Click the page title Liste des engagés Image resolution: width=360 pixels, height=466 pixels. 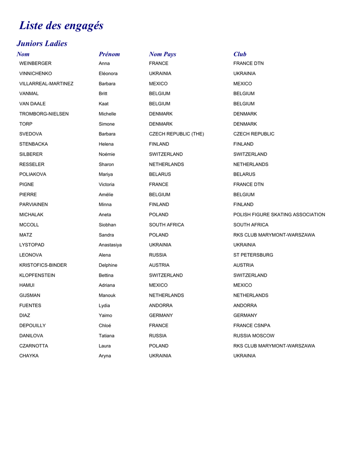(x=61, y=25)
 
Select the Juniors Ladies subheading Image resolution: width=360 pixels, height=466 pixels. (x=42, y=44)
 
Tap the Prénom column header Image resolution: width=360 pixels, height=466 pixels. (x=109, y=54)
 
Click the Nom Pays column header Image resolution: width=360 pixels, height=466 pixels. (x=162, y=54)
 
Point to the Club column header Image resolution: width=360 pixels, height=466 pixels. (x=240, y=54)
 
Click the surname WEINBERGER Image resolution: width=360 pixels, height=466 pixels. (x=35, y=63)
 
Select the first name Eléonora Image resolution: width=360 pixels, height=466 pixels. (x=108, y=73)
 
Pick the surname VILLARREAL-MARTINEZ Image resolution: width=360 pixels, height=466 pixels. (x=46, y=84)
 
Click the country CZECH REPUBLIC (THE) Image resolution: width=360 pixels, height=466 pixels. (x=177, y=134)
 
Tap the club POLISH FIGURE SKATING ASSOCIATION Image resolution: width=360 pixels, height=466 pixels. (x=279, y=214)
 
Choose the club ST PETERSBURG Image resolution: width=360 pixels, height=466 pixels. (x=253, y=255)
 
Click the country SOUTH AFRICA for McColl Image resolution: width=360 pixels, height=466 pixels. (x=167, y=225)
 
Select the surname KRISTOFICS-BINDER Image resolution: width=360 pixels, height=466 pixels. (x=43, y=265)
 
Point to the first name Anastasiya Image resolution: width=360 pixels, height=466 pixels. (x=110, y=245)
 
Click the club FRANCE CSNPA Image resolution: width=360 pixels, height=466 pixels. (x=252, y=325)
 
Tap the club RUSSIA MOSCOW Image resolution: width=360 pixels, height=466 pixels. (x=254, y=335)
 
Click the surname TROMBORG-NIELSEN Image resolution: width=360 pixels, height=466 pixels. (x=44, y=114)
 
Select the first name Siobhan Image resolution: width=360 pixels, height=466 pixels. (x=107, y=225)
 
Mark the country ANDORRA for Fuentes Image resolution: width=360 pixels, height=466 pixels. (x=161, y=305)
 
